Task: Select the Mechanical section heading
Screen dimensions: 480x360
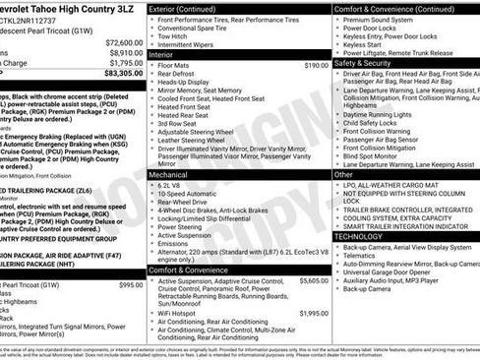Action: click(x=169, y=173)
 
